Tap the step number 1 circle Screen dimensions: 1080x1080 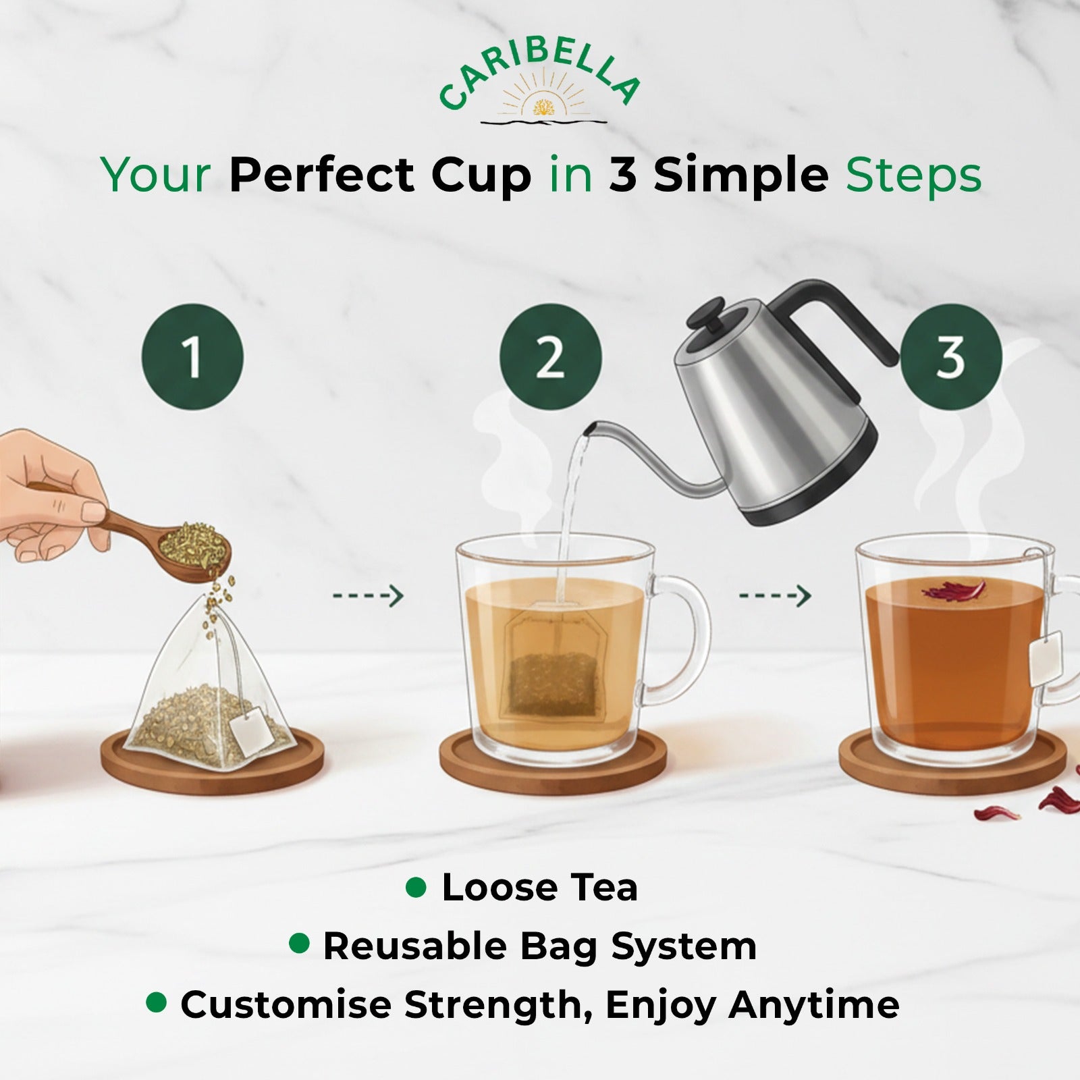(192, 356)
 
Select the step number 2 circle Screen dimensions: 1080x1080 (550, 356)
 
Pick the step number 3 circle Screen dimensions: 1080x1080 (950, 356)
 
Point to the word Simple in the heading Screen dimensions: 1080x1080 (740, 175)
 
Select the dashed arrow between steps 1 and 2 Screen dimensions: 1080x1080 (368, 596)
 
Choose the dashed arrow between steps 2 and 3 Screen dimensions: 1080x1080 (775, 596)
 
